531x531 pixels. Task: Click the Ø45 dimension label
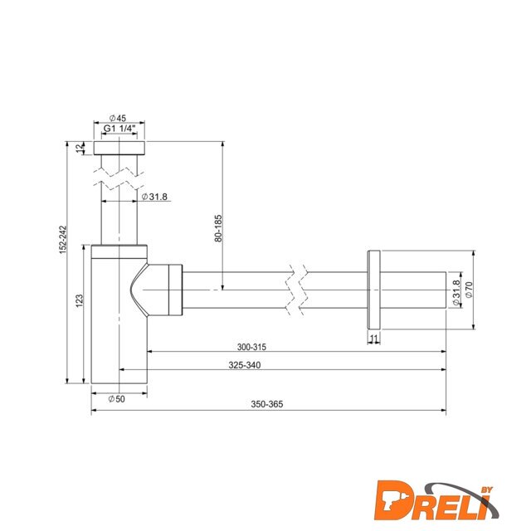(118, 118)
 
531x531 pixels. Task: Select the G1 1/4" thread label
(119, 129)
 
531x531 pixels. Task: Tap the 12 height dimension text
(80, 148)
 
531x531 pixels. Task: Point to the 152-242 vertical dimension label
(63, 240)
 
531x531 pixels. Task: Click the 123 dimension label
(79, 300)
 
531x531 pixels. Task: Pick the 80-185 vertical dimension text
(218, 228)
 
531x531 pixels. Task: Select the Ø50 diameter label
(116, 399)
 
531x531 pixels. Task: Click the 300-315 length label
(251, 347)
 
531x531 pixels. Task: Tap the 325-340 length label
(245, 365)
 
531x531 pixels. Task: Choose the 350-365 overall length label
(267, 404)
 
